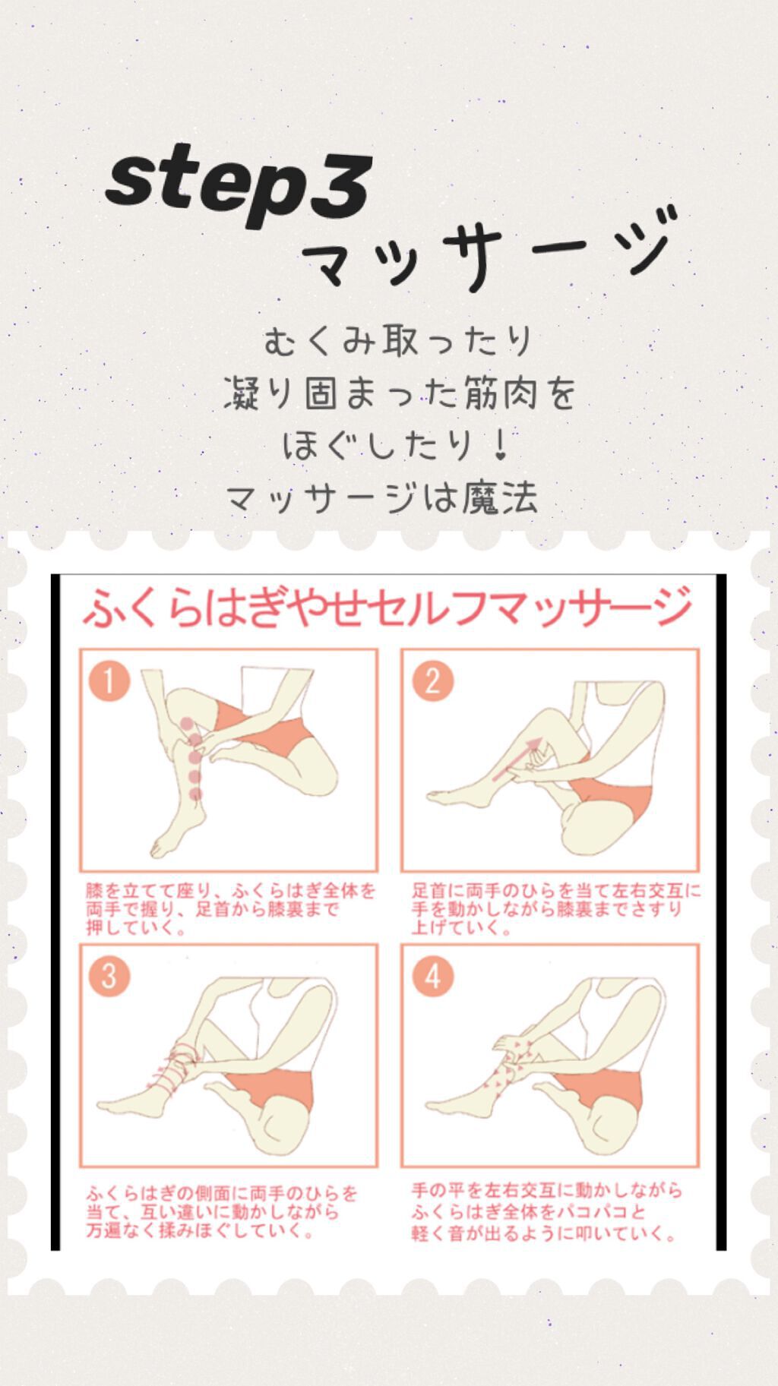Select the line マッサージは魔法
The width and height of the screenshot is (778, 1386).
(382, 498)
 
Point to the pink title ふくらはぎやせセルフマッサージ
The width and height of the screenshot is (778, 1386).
(387, 608)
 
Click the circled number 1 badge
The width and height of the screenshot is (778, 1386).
(109, 680)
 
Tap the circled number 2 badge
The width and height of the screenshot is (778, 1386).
(433, 680)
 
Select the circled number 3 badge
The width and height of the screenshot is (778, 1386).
(109, 976)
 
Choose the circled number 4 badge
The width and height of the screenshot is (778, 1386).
(433, 976)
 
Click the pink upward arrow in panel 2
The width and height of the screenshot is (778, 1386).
(517, 759)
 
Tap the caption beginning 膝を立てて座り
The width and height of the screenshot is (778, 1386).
(230, 909)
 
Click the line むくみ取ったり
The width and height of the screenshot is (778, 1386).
(398, 341)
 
